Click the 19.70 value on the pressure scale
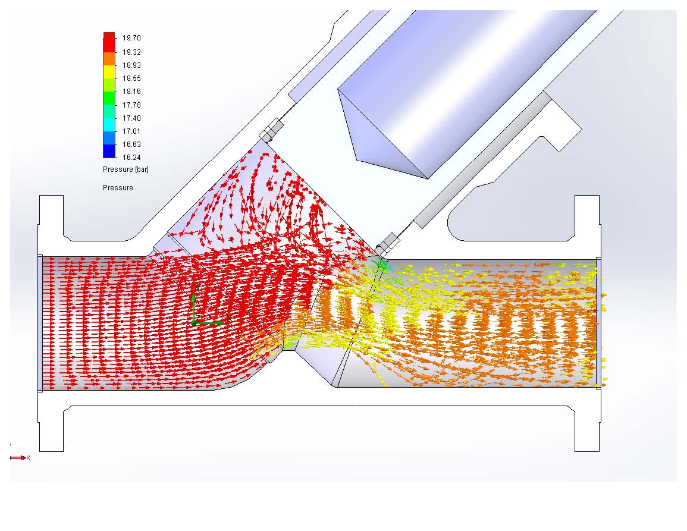131,38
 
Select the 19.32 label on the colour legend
131,52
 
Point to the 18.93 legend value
131,65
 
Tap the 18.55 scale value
131,78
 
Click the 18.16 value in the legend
131,92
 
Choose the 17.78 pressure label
131,105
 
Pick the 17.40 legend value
131,118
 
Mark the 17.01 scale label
131,131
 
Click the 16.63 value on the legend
131,144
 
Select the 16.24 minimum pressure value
131,158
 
